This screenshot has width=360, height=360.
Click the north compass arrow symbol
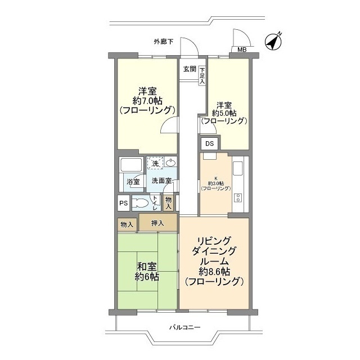tap(273, 42)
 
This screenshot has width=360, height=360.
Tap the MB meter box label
tap(241, 50)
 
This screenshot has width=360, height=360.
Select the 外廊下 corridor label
tap(164, 42)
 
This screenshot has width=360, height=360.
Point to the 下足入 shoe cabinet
tap(201, 74)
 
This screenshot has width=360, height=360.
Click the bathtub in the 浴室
tap(130, 167)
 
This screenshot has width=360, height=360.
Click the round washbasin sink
tap(171, 163)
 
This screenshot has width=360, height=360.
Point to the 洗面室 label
tap(161, 181)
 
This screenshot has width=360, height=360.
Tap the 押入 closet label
tap(157, 223)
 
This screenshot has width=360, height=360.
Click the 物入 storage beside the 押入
tap(127, 224)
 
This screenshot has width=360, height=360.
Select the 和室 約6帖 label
tap(146, 271)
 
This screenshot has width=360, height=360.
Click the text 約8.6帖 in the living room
tap(213, 272)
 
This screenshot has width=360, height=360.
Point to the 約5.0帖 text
tap(224, 112)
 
